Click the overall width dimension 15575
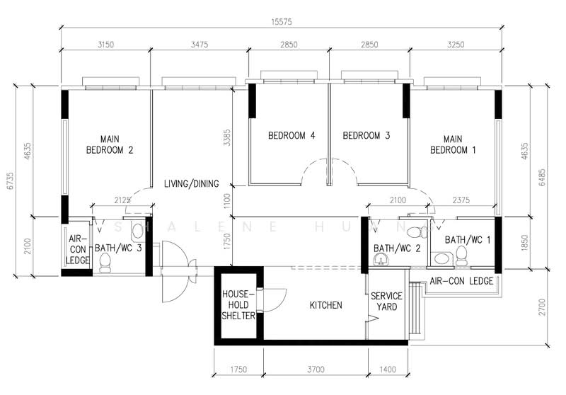[282, 22]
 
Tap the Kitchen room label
[325, 306]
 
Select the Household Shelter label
[238, 305]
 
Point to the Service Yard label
[386, 302]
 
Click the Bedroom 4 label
[291, 136]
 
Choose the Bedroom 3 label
[366, 136]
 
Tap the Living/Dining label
[191, 184]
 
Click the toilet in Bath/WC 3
[105, 263]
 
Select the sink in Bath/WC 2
[381, 259]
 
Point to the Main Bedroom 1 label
[453, 144]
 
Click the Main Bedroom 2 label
[110, 144]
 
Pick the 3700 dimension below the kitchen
[316, 370]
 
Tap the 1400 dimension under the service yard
[388, 370]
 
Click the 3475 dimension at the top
[200, 45]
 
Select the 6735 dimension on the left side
[11, 181]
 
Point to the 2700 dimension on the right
[542, 307]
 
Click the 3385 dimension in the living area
[227, 137]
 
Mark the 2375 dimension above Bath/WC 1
[461, 200]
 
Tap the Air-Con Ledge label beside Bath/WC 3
[78, 249]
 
